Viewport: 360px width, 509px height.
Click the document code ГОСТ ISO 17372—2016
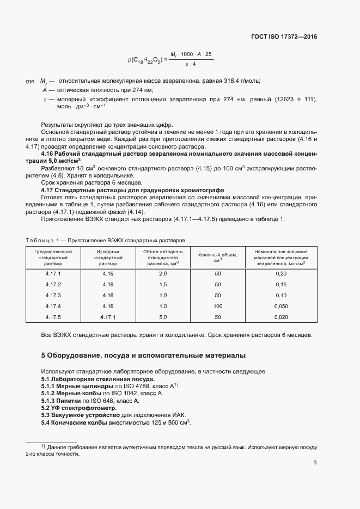284,37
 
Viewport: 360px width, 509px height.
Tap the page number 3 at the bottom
315,463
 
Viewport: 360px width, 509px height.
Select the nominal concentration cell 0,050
281,306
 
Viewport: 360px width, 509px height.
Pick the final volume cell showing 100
217,306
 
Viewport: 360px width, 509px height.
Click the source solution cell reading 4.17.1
108,317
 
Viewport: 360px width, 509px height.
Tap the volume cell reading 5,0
162,317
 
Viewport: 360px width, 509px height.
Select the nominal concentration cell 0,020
281,317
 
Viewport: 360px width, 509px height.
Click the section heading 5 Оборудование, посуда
143,355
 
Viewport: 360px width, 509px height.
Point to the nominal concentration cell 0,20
281,273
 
